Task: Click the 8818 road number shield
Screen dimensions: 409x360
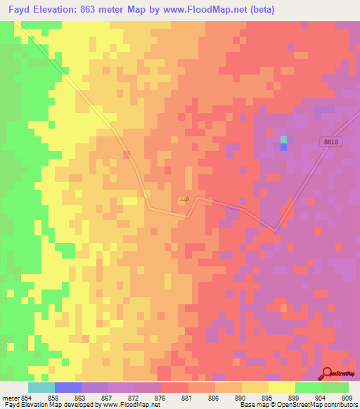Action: (332, 142)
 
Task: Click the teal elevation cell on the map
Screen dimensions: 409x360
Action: (283, 139)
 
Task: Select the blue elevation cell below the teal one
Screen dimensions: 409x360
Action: (283, 147)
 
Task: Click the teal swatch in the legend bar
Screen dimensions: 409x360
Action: (41, 387)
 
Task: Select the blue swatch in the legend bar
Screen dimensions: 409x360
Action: (68, 387)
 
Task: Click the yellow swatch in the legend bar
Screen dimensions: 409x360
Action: (282, 387)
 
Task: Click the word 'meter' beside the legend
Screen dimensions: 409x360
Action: (9, 397)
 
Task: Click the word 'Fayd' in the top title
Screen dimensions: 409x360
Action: (21, 10)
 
